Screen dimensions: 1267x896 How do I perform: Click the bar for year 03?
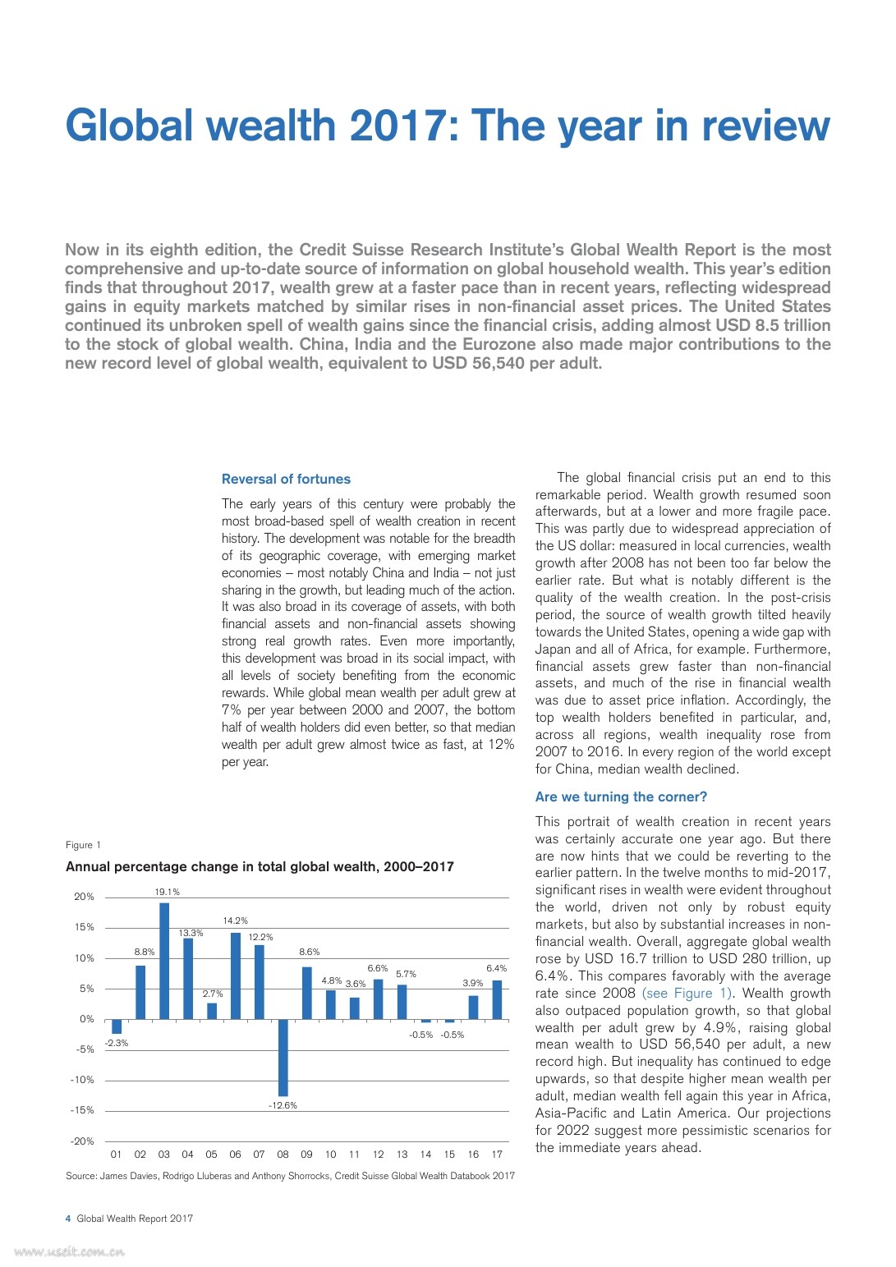[164, 961]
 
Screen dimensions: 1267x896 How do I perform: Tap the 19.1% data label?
[168, 892]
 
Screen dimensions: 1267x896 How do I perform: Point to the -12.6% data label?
[283, 1105]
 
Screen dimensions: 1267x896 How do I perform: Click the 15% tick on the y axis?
[85, 927]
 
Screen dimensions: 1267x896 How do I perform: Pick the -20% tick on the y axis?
[82, 1141]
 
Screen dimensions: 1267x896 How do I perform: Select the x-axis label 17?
[497, 1155]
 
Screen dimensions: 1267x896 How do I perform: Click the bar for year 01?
[117, 1026]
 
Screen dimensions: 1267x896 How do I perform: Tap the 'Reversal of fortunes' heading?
[286, 480]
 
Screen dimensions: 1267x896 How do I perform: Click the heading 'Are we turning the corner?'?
[621, 797]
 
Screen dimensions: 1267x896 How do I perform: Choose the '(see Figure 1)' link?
[687, 994]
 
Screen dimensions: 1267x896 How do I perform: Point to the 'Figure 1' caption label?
[83, 845]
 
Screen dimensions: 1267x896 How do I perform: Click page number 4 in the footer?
[68, 1219]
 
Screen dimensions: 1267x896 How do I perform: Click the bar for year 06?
[236, 975]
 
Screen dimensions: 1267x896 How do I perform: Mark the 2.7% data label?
[213, 994]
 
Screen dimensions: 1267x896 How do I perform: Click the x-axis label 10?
[330, 1155]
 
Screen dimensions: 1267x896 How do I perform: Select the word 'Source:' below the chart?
[81, 1176]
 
